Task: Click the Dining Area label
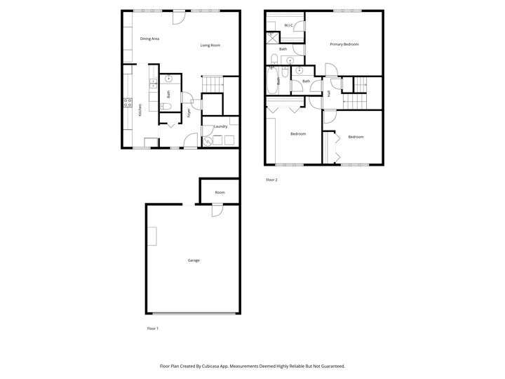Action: click(149, 39)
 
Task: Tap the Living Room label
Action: click(210, 45)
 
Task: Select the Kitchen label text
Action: click(140, 109)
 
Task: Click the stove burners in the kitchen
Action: click(128, 102)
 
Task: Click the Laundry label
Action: click(221, 126)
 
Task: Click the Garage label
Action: click(194, 260)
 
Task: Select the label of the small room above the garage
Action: click(220, 192)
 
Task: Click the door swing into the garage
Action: click(217, 210)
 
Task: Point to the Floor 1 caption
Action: click(152, 328)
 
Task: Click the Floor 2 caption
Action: click(271, 180)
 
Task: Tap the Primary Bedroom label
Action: click(344, 44)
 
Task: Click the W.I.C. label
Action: click(288, 26)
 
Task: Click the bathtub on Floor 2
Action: click(271, 82)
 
